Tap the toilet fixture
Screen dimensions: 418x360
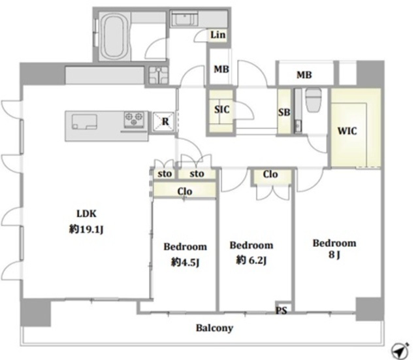[313, 99]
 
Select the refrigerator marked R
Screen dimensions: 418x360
[163, 122]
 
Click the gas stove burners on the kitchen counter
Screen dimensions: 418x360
[134, 119]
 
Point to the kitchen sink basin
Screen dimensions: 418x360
[84, 122]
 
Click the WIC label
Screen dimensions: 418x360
[347, 131]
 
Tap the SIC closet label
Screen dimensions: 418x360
[221, 109]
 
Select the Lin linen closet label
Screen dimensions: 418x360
[217, 35]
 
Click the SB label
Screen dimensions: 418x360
[284, 112]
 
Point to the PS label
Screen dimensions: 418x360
[281, 310]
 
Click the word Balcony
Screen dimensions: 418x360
[215, 328]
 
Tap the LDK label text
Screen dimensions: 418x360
[86, 214]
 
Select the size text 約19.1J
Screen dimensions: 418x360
[86, 229]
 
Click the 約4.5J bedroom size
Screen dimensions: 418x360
[185, 263]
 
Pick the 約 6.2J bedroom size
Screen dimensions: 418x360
[251, 260]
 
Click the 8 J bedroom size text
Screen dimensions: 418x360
[334, 255]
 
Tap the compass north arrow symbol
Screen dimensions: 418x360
[400, 350]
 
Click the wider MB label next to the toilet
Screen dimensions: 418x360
[304, 75]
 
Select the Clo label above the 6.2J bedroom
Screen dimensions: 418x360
[270, 174]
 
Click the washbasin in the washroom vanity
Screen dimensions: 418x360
[184, 19]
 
